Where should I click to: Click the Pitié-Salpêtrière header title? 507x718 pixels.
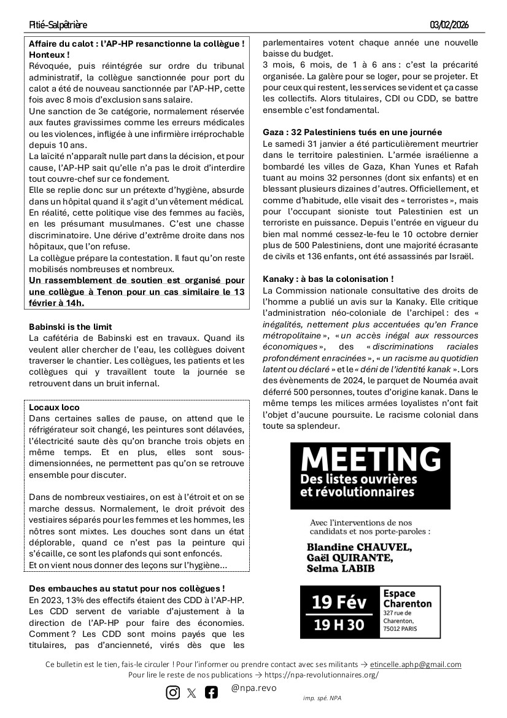(58, 25)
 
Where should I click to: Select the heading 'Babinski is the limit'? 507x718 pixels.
(71, 327)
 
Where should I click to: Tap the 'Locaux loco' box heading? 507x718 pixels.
(55, 407)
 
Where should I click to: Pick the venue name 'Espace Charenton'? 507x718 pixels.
(407, 599)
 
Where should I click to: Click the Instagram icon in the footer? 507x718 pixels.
(173, 692)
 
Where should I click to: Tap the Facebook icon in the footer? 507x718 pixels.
(211, 692)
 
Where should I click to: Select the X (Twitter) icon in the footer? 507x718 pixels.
(192, 693)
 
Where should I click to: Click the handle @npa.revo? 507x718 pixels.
(253, 688)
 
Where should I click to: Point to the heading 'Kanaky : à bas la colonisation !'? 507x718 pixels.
(328, 279)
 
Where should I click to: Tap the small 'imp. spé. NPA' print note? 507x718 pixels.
(317, 699)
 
